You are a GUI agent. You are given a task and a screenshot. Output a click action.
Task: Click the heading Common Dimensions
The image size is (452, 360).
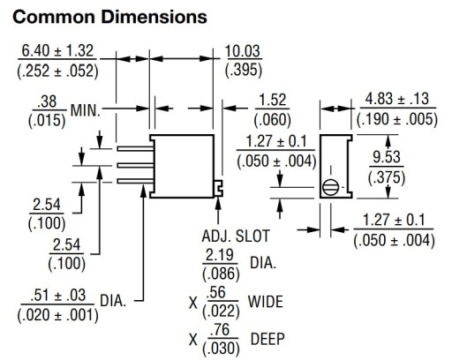[x=109, y=17]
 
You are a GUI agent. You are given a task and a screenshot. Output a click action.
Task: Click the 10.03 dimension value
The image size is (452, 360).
[x=243, y=51]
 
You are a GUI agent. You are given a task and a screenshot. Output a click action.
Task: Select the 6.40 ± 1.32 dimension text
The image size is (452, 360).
[x=57, y=50]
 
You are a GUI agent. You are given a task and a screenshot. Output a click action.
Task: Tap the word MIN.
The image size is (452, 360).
[x=86, y=111]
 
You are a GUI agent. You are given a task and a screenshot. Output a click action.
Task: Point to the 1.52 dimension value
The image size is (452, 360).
[x=273, y=100]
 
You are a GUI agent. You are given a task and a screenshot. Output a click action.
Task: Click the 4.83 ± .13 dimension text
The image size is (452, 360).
[x=397, y=99]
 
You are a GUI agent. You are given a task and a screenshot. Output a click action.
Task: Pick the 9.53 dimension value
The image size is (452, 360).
[x=387, y=157]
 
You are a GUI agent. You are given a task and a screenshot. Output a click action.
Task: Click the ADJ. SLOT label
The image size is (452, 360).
[x=236, y=236]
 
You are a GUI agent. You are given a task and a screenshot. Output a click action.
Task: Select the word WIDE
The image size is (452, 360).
[x=266, y=302]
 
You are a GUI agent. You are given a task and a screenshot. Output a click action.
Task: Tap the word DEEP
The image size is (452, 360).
[x=267, y=339]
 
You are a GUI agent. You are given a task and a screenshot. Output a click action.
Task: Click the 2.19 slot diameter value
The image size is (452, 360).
[x=220, y=255]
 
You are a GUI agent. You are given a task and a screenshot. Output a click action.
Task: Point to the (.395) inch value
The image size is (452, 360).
[x=244, y=71]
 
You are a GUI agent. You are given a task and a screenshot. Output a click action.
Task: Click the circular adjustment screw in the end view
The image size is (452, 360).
[x=330, y=187]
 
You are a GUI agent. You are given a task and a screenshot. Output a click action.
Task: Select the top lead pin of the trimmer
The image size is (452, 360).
[x=135, y=149]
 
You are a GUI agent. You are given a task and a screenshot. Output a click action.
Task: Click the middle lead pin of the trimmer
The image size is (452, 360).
[x=135, y=165]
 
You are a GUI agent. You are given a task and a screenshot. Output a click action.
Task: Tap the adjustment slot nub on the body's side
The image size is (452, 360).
[x=219, y=188]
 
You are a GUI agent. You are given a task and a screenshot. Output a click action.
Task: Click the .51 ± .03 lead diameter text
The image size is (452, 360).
[x=58, y=296]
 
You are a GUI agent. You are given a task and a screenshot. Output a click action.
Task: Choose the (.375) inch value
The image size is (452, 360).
[x=387, y=177]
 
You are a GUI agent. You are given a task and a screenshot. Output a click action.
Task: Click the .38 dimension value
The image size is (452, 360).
[x=47, y=101]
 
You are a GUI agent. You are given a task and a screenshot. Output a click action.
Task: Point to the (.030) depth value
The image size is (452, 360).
[x=221, y=349]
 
